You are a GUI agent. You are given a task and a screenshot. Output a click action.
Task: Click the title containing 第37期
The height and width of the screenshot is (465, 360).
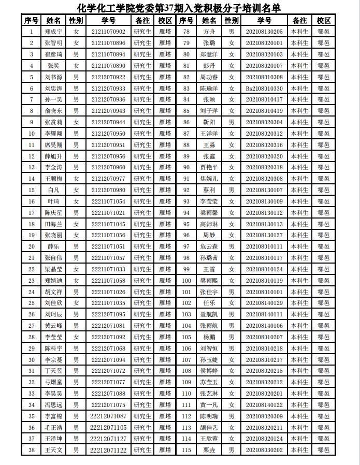tap(179, 8)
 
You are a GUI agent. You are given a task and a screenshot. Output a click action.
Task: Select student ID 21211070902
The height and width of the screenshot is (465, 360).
tap(108, 32)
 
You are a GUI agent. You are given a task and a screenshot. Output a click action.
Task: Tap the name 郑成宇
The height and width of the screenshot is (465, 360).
tap(53, 32)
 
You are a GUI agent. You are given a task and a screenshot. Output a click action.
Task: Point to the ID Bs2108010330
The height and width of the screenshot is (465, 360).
tap(264, 89)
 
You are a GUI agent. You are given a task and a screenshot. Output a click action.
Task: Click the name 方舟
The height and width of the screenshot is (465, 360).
tap(209, 32)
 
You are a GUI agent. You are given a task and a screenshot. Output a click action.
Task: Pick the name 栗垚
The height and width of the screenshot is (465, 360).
tap(209, 450)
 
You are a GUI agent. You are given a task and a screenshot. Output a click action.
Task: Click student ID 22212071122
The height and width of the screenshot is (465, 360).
tap(108, 450)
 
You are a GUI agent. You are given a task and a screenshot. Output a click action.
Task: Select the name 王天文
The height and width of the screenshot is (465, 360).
tap(53, 450)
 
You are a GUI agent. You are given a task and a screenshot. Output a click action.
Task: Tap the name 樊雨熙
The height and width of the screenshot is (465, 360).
tap(209, 281)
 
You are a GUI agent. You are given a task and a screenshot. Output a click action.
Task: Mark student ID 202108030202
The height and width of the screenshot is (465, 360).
tap(264, 450)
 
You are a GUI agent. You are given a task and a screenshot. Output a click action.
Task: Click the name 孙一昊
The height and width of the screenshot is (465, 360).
tap(53, 99)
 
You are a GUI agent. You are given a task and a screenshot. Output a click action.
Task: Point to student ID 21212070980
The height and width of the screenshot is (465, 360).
tap(108, 190)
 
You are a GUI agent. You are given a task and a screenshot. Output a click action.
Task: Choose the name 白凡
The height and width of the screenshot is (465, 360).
tap(53, 190)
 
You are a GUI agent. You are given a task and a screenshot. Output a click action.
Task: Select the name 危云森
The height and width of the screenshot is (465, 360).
tap(209, 246)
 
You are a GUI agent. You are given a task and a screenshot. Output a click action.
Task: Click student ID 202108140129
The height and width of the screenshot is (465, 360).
tap(264, 303)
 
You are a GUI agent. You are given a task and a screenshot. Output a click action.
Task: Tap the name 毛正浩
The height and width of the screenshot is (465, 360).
tap(53, 427)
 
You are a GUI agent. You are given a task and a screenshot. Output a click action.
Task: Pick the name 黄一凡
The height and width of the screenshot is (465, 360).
tap(209, 405)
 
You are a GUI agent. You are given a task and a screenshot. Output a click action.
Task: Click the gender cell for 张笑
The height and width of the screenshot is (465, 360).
tap(76, 66)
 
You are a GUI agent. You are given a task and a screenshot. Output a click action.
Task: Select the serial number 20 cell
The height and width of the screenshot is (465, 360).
tap(32, 246)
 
